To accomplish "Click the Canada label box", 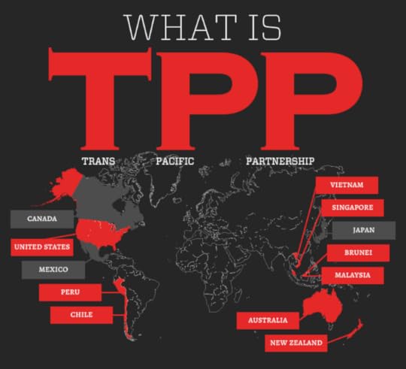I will (x=43, y=219).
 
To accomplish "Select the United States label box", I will (x=42, y=247).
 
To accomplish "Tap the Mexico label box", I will (x=53, y=268).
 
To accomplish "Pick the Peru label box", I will (x=70, y=292).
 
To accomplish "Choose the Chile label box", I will (x=82, y=314).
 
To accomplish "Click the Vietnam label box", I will (x=347, y=184).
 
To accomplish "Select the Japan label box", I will (x=364, y=230).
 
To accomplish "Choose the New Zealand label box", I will (x=296, y=343).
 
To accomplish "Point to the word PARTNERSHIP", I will (x=279, y=160).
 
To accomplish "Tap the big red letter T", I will (x=95, y=98).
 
